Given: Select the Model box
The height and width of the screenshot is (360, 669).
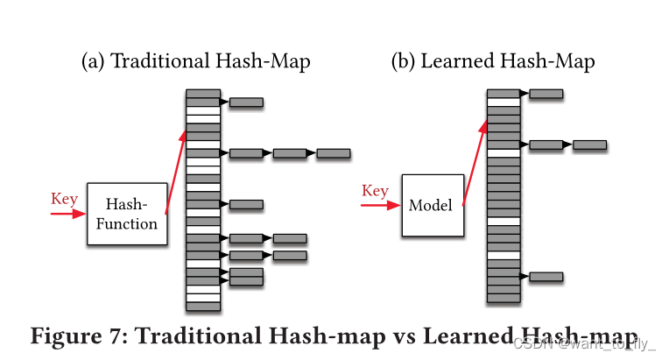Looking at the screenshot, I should coord(432,206).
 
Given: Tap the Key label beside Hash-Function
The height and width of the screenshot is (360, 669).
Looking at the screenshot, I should coord(64,199).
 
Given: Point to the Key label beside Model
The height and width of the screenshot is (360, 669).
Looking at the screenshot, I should coord(375,191).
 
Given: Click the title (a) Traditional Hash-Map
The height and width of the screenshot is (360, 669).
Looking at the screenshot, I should coord(195,62).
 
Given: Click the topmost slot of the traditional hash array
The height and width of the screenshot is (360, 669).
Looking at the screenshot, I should coord(203,94).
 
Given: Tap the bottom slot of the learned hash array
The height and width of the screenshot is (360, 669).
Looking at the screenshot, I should coord(504,298).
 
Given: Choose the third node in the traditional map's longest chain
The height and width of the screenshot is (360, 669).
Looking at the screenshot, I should coord(333,153).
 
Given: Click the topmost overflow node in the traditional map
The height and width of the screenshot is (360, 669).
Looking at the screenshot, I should coord(246,102).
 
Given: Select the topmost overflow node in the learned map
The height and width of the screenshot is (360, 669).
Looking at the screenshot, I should coord(546,94).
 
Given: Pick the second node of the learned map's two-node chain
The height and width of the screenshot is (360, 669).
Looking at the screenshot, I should coord(589,145).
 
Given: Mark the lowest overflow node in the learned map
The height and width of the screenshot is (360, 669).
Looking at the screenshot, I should coord(546,277).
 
